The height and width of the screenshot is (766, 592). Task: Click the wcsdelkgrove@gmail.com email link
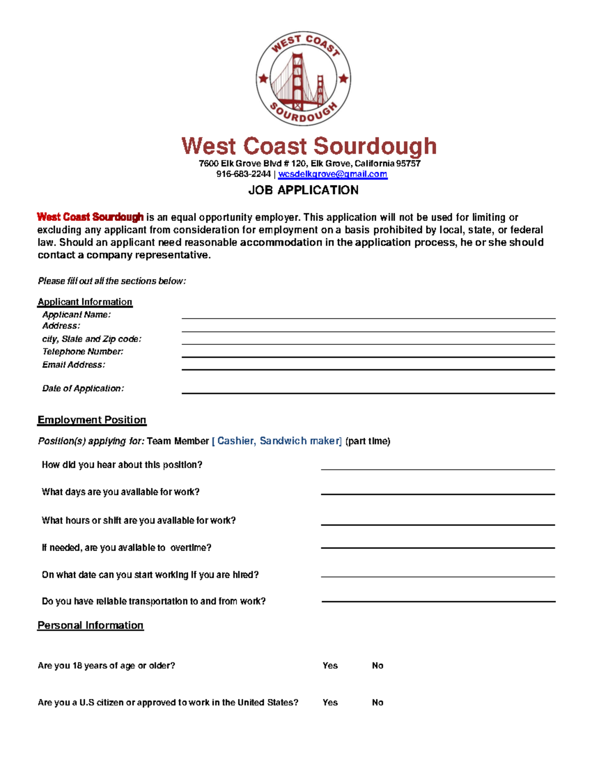click(x=333, y=174)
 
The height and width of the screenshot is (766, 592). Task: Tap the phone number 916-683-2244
click(x=244, y=174)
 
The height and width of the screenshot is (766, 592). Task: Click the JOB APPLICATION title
click(x=303, y=190)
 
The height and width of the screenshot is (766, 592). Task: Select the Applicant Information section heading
click(x=85, y=302)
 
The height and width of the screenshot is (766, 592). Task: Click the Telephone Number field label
click(x=83, y=352)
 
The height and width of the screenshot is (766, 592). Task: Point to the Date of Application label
click(x=83, y=389)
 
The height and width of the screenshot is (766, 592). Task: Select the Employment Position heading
click(x=92, y=420)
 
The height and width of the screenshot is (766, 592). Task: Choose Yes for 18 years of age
click(x=330, y=666)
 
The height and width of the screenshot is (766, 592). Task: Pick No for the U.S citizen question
click(x=377, y=702)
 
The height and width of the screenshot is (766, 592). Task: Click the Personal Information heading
click(x=90, y=625)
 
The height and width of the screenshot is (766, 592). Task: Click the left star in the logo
click(x=263, y=78)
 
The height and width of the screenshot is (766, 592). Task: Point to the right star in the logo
click(x=343, y=78)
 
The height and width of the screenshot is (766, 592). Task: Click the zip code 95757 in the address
click(x=408, y=163)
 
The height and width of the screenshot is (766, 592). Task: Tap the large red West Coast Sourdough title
click(x=309, y=146)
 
